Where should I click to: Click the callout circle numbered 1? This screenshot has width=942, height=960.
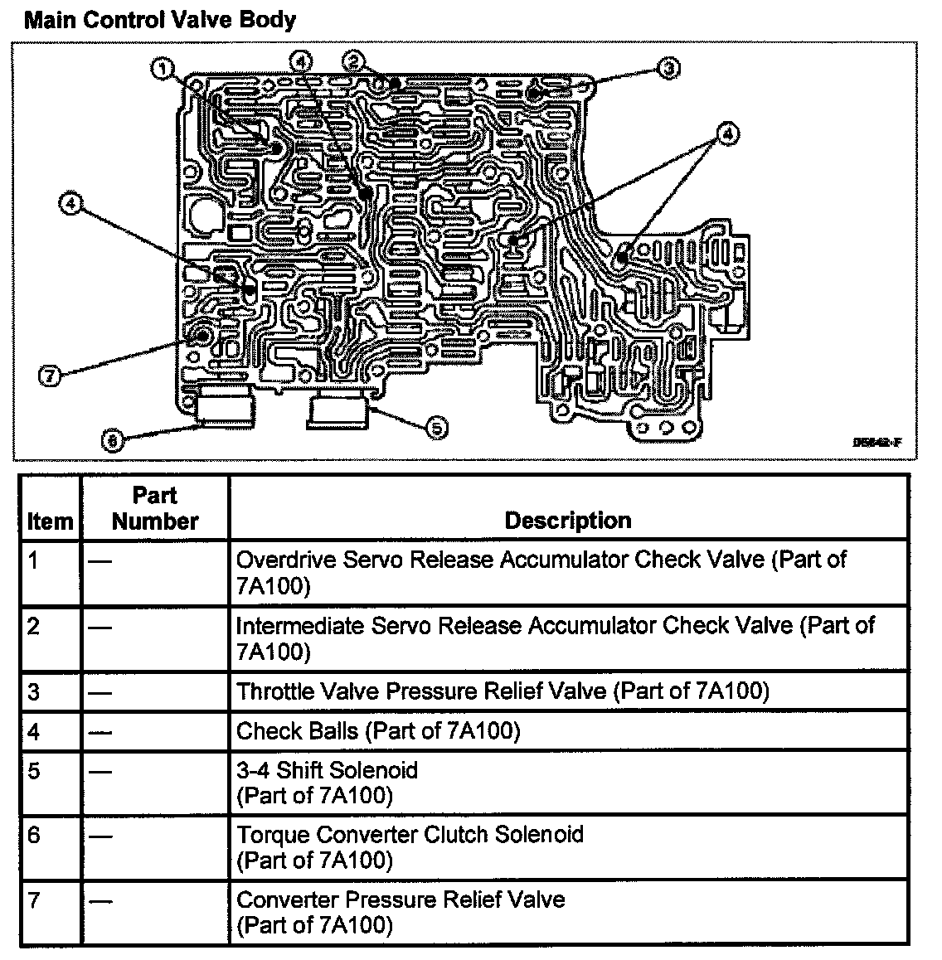[x=164, y=68]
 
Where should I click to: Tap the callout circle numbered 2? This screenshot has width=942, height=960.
[x=354, y=60]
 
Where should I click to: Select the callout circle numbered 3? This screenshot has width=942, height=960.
[x=668, y=69]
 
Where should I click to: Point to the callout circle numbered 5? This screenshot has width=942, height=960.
[x=436, y=428]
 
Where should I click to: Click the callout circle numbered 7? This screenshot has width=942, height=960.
[x=50, y=376]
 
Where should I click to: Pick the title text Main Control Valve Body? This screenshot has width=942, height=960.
[x=160, y=20]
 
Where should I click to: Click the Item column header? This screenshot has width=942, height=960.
[x=50, y=521]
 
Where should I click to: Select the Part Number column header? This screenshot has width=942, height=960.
[x=155, y=508]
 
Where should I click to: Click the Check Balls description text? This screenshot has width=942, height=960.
[x=378, y=731]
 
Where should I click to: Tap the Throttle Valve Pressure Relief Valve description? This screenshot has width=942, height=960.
[x=503, y=691]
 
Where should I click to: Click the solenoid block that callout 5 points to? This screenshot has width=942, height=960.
[x=341, y=412]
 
